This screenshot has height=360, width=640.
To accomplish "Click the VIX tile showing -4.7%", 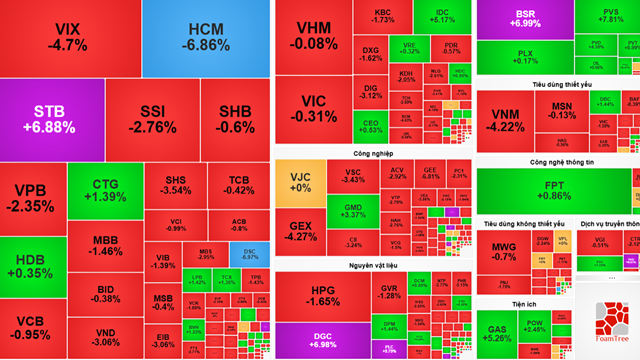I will (69, 37).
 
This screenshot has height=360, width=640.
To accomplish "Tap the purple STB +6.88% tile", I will (50, 118).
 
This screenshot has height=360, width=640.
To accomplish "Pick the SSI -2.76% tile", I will (152, 118).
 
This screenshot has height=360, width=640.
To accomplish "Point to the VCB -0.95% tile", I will (33, 327).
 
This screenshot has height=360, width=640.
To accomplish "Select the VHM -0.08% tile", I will (309, 36).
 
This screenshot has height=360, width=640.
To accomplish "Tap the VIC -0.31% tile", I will (309, 108).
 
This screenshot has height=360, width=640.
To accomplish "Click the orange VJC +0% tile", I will (300, 182).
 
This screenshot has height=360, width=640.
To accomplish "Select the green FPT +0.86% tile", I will (554, 190).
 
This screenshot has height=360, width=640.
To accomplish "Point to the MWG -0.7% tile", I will (504, 250).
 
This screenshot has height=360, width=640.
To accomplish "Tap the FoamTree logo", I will (608, 323).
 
